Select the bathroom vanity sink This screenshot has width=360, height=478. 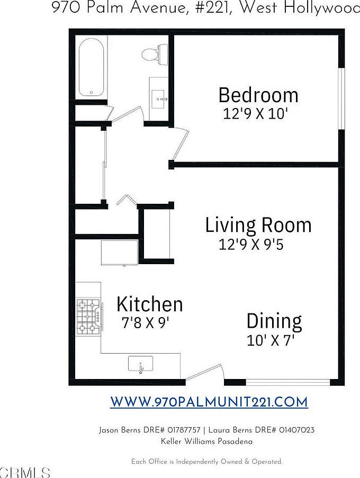click(x=159, y=98)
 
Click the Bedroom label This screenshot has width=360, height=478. click(x=258, y=95)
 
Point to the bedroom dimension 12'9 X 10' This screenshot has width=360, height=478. click(x=255, y=114)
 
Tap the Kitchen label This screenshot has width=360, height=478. click(x=150, y=304)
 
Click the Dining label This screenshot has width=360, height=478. click(x=274, y=321)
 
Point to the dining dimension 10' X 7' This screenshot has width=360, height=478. click(x=271, y=340)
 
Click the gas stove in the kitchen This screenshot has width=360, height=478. click(x=88, y=318)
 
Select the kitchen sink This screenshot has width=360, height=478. click(x=140, y=364)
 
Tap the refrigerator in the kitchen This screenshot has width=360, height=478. click(x=120, y=252)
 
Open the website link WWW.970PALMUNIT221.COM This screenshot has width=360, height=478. click(x=209, y=402)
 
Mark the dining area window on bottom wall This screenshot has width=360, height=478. click(x=289, y=382)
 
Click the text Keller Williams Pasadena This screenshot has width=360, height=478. click(x=206, y=441)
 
